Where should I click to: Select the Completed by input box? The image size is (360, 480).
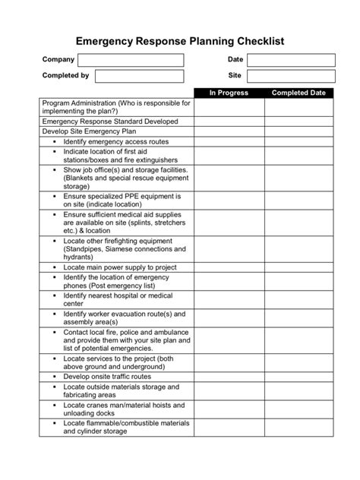[x=139, y=76]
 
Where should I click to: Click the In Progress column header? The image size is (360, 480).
[x=229, y=93]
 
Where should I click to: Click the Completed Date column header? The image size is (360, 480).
[x=299, y=93]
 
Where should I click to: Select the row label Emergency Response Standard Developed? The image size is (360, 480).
[x=110, y=122]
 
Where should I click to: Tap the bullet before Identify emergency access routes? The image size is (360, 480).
[x=55, y=142]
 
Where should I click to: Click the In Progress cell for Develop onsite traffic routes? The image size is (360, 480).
[x=229, y=376]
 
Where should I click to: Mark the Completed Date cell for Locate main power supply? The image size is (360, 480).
[x=299, y=267]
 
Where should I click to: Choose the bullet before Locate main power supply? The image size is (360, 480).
[x=55, y=267]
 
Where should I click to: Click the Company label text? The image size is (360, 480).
[x=58, y=60]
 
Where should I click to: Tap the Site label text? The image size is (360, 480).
[x=235, y=76]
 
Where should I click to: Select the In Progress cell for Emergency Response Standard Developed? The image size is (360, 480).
[x=229, y=122]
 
